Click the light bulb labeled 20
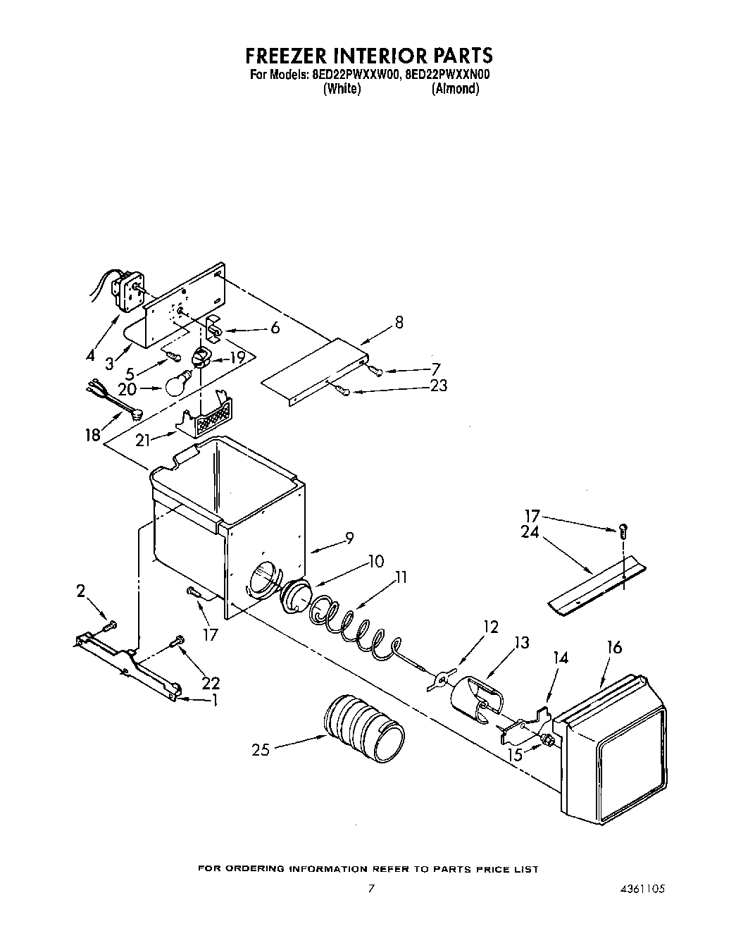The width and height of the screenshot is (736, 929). click(179, 383)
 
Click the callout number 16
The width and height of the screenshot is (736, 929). click(614, 647)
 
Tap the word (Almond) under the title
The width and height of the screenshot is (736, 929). click(455, 89)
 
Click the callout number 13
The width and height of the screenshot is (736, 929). click(521, 642)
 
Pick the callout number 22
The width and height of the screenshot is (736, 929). click(211, 682)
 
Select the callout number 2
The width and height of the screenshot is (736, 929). click(81, 591)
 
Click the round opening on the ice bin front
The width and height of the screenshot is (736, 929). click(263, 578)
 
